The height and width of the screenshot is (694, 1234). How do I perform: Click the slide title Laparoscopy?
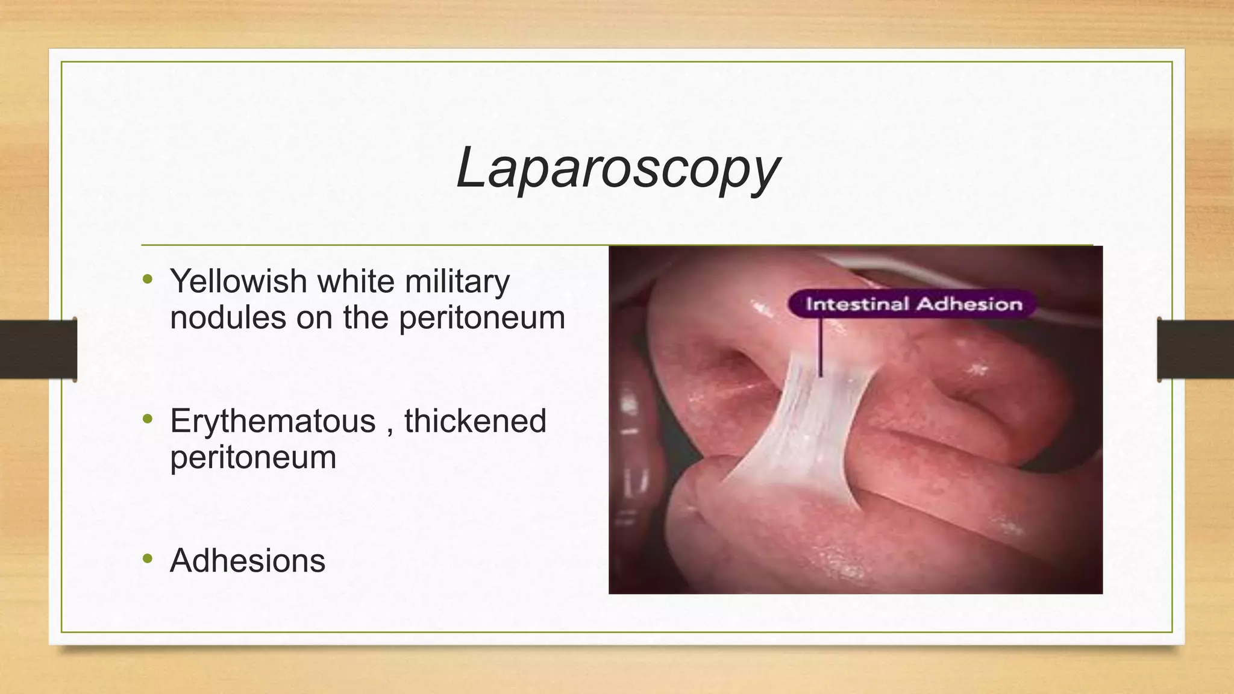tap(618, 169)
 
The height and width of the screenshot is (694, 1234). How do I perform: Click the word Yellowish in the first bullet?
tap(239, 281)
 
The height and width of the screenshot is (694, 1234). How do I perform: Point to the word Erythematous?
tap(273, 420)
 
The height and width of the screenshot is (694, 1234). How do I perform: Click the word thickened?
tap(475, 420)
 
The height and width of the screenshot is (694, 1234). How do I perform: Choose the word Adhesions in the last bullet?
tap(248, 560)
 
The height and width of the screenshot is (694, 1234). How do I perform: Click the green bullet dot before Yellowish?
tap(148, 280)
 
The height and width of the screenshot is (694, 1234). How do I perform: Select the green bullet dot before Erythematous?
tap(148, 419)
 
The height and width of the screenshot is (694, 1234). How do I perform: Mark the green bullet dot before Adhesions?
tap(148, 559)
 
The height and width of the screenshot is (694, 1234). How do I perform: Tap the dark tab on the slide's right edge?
tap(1195, 349)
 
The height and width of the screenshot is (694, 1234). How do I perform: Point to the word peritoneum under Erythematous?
tap(253, 457)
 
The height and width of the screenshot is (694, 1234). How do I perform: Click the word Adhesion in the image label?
tap(969, 304)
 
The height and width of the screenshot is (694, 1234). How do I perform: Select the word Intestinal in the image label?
tap(859, 304)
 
